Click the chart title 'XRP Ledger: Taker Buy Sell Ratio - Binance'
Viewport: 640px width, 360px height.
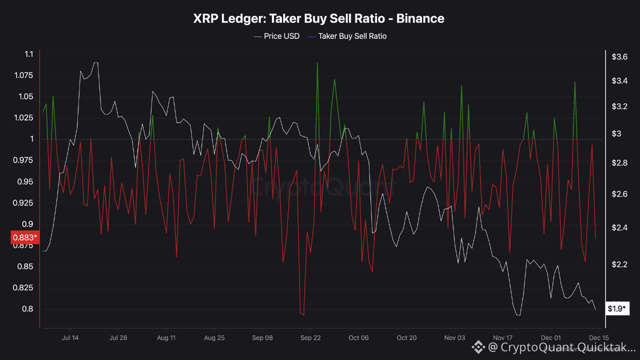coord(318,19)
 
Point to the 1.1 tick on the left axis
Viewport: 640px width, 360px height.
coord(28,54)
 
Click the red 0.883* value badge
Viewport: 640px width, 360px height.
coord(23,237)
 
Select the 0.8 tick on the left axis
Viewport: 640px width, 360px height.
coord(28,309)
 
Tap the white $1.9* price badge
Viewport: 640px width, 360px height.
coord(616,308)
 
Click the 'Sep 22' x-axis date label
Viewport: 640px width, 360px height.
coord(310,338)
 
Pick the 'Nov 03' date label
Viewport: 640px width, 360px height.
coord(454,338)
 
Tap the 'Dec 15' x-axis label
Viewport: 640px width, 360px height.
coord(598,338)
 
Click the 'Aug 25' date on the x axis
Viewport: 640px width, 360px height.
coord(214,338)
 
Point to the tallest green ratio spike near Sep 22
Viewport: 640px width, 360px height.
coord(317,63)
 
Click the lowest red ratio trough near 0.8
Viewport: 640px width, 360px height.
coord(303,315)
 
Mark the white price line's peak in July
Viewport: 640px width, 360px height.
coord(95,63)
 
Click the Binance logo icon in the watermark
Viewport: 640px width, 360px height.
coord(478,346)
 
